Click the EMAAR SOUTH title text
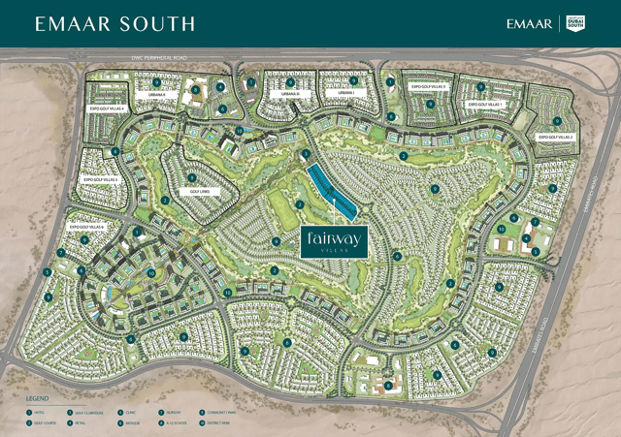pyautogui.click(x=114, y=23)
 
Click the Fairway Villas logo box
pyautogui.click(x=333, y=240)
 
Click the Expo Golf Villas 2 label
pyautogui.click(x=556, y=138)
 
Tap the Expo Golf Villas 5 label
pyautogui.click(x=100, y=179)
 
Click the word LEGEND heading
pyautogui.click(x=37, y=398)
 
